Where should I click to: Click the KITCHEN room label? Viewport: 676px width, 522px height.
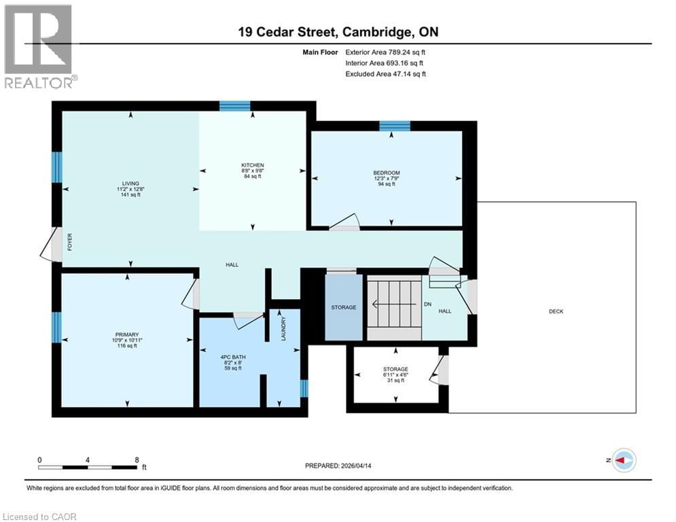click(252, 166)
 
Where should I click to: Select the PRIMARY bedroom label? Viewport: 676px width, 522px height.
click(127, 334)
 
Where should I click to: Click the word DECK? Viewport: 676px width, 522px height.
click(556, 312)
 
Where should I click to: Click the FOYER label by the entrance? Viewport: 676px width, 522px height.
click(69, 243)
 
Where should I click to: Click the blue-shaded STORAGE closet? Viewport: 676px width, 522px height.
click(344, 307)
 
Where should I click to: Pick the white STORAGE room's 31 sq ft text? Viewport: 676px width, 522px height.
click(395, 381)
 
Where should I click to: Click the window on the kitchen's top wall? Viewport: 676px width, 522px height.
click(234, 105)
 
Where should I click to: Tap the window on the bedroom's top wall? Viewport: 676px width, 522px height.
click(394, 126)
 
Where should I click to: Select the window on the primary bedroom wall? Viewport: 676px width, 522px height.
click(57, 327)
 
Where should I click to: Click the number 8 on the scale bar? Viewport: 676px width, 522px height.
click(137, 459)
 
